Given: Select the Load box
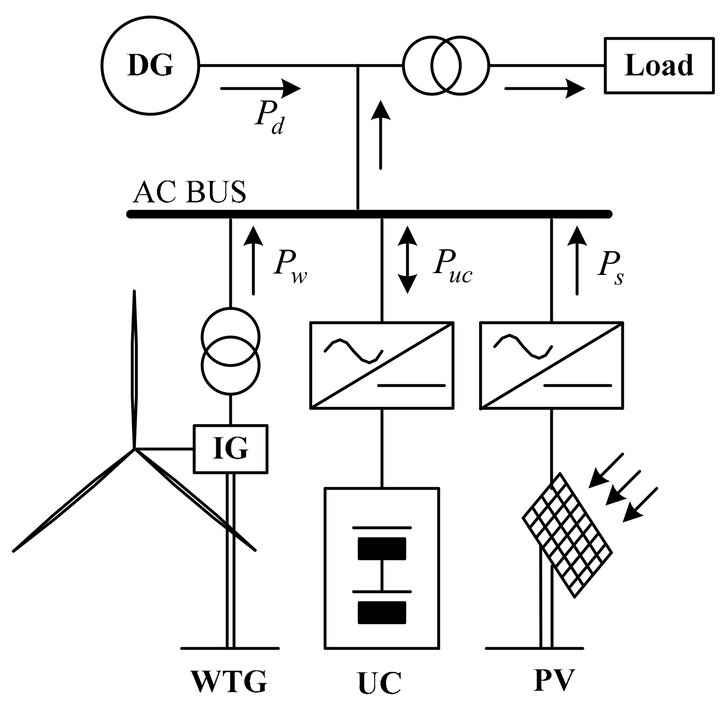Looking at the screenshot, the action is point(659,66).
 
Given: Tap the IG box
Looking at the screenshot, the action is point(231,449).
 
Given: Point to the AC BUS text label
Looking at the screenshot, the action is point(189,192).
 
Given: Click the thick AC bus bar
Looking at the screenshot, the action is point(369,214).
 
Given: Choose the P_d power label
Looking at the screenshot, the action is point(270,119).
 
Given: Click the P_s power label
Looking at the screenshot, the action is point(610,269).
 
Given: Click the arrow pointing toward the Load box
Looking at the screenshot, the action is point(545,88).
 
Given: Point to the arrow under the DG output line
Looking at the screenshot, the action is point(260,88).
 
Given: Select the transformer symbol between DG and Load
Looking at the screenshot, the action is point(446,66).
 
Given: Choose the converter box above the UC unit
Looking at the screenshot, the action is point(382,365).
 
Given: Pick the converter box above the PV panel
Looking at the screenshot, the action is point(551,365).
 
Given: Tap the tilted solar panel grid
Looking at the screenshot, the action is point(566,534).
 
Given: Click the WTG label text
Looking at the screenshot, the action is point(229,681).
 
